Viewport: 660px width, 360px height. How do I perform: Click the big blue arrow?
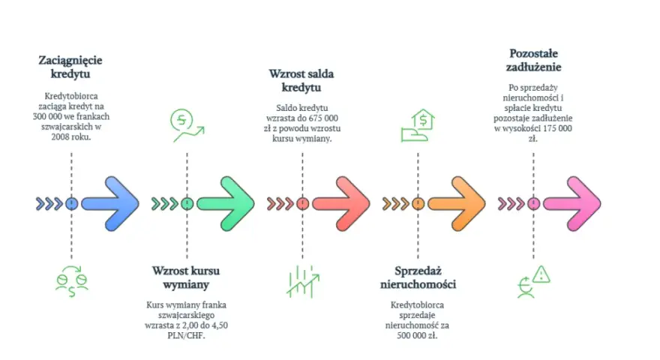click(x=110, y=204)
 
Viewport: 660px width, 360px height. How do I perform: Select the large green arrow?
click(x=226, y=204)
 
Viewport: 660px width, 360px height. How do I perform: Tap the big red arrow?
click(x=341, y=204)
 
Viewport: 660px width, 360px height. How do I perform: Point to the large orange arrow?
click(x=457, y=204)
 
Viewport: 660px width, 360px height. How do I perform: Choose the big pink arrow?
click(x=572, y=204)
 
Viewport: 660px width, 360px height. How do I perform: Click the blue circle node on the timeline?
click(x=71, y=204)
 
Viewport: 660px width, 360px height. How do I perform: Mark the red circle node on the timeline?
click(x=303, y=204)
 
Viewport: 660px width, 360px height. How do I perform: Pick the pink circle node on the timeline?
click(x=534, y=204)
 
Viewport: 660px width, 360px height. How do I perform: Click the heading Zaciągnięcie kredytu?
click(x=70, y=67)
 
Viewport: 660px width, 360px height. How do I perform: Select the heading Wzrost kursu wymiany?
click(x=186, y=277)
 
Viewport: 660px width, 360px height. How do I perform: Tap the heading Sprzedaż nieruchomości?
click(x=418, y=277)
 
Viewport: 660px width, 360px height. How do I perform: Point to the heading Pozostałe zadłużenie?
click(x=533, y=60)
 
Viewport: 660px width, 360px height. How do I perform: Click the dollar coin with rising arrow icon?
click(x=187, y=125)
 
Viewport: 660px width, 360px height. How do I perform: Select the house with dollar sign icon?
click(x=418, y=125)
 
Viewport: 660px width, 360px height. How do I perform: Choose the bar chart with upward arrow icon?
click(x=303, y=281)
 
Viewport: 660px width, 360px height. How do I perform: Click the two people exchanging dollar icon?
click(x=72, y=281)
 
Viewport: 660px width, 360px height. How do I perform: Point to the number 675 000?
click(x=323, y=118)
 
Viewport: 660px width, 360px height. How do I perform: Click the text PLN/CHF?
click(x=186, y=335)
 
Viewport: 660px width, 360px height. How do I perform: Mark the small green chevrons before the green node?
click(x=164, y=204)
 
